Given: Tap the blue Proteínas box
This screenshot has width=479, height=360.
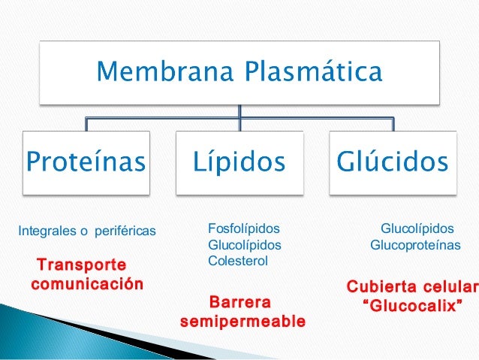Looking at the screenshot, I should (x=86, y=162).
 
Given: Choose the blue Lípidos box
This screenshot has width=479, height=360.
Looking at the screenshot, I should (x=239, y=162).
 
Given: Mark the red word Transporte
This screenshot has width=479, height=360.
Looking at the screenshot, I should (x=82, y=266).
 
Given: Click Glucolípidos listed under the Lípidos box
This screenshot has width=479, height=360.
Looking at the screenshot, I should (x=244, y=245).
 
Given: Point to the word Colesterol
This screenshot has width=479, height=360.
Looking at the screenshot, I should (x=237, y=261).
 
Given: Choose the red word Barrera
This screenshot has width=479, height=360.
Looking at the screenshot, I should (x=239, y=304).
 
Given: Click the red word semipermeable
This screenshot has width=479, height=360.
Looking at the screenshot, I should (x=243, y=322).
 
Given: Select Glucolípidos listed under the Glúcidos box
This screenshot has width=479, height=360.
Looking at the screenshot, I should (x=417, y=228).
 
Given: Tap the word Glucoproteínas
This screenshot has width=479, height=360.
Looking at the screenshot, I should (x=415, y=245).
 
